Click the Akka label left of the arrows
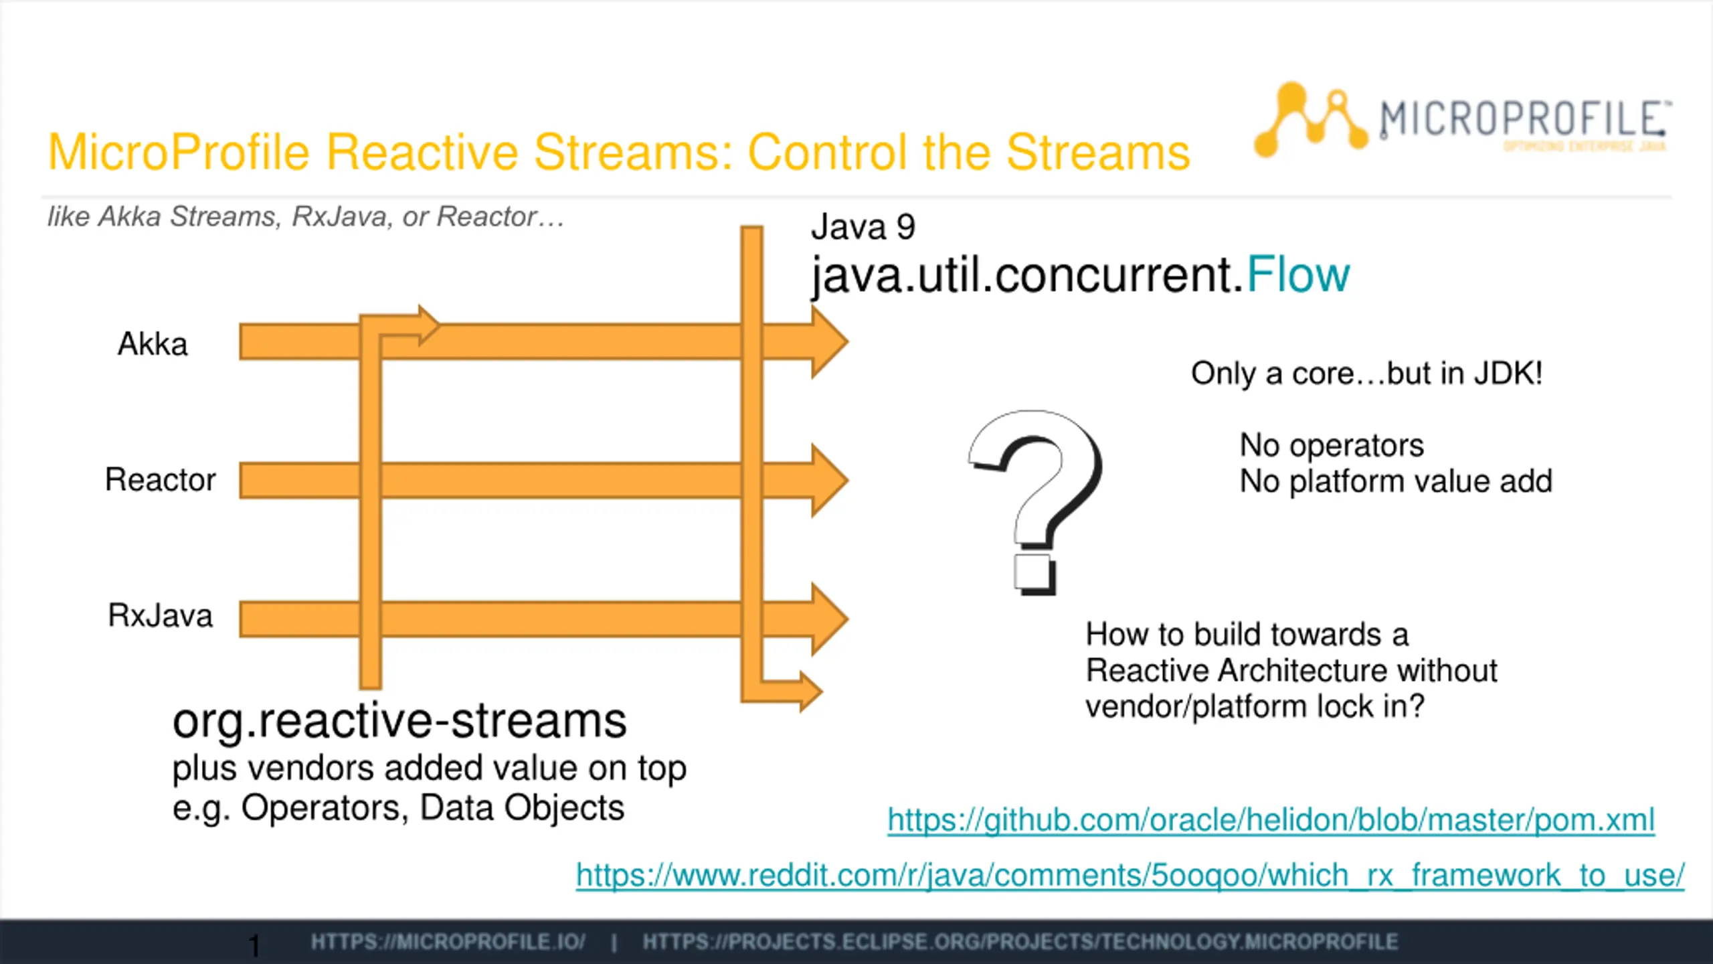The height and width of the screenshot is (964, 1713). click(153, 344)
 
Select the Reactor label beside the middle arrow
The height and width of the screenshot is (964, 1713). click(160, 480)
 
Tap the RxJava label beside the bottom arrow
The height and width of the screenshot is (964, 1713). click(160, 616)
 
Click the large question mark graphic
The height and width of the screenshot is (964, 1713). click(1036, 502)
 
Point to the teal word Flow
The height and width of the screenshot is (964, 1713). click(1298, 275)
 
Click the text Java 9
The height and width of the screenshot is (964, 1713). click(863, 227)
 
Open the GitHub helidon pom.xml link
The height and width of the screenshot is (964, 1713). click(1271, 820)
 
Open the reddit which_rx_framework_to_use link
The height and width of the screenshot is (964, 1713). click(1130, 876)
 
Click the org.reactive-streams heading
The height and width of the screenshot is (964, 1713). click(399, 722)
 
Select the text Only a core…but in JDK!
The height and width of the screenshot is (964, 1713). click(1366, 374)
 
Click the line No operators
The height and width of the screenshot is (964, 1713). click(1332, 445)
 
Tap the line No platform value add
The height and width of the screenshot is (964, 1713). click(1396, 481)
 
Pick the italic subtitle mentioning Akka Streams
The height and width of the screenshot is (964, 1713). click(306, 217)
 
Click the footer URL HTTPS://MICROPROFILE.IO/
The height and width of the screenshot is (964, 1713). click(448, 943)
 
